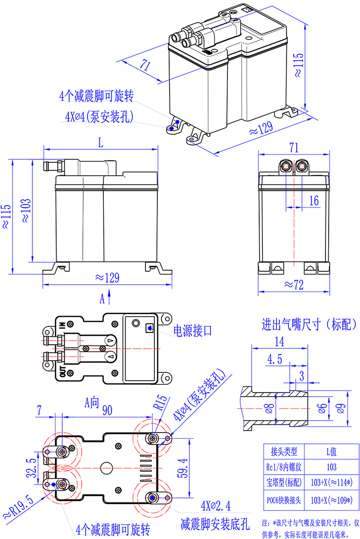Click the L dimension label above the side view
click(x=100, y=142)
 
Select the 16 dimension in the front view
click(x=314, y=200)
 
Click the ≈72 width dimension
click(x=294, y=284)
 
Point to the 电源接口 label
click(x=193, y=330)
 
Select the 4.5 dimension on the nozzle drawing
click(x=274, y=359)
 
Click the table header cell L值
click(x=331, y=452)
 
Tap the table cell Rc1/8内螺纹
click(x=284, y=467)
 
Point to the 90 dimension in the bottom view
click(x=107, y=411)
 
